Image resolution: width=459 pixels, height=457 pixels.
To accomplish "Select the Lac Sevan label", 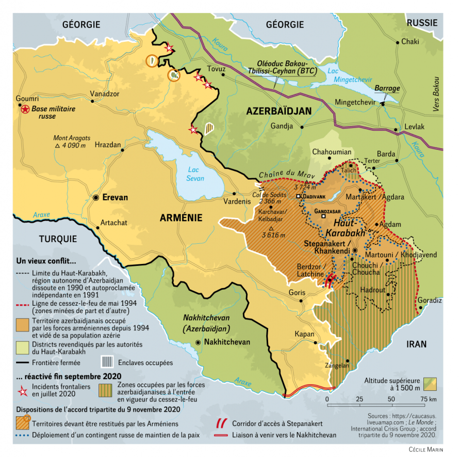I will [x=196, y=174].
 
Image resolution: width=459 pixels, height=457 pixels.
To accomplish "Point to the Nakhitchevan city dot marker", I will [x=199, y=342].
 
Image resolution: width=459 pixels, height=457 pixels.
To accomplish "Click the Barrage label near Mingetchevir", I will [x=387, y=88].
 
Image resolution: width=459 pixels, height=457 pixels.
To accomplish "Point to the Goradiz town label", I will [x=430, y=300].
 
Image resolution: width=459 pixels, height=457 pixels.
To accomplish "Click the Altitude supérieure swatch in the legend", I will [x=430, y=384].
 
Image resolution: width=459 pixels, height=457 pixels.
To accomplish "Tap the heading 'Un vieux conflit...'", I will [x=46, y=260].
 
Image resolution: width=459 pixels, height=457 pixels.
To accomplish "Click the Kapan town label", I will [x=304, y=334].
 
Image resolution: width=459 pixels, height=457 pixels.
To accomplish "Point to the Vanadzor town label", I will [x=105, y=94].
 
